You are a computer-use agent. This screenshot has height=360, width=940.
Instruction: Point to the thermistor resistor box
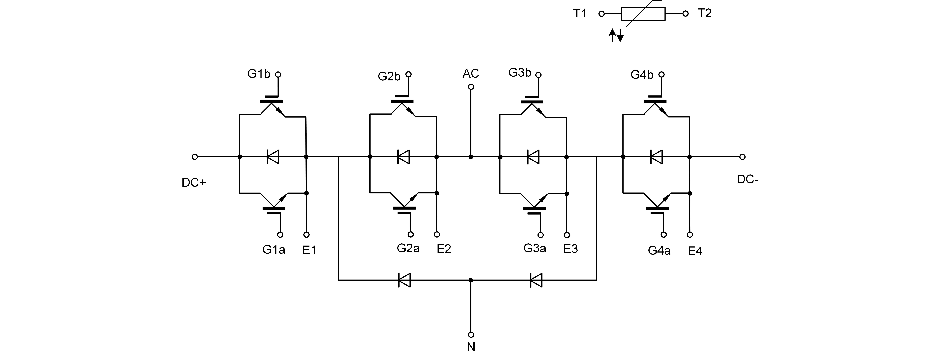click(643, 14)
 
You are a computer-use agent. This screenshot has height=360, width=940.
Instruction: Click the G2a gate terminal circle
click(411, 235)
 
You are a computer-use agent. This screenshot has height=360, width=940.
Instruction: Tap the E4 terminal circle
click(690, 235)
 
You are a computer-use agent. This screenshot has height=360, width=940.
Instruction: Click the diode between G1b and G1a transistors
click(273, 157)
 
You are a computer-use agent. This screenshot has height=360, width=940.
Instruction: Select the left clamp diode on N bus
click(404, 280)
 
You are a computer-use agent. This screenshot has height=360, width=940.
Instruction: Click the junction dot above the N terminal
click(471, 280)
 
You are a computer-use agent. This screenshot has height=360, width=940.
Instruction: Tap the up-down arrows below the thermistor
click(616, 35)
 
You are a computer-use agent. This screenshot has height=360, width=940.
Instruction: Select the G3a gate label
click(535, 248)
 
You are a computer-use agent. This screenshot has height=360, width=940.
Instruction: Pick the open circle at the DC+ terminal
click(194, 157)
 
